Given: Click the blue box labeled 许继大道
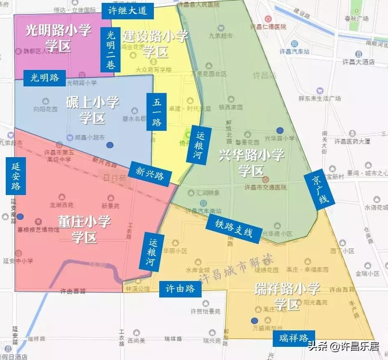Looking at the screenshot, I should point(128,11).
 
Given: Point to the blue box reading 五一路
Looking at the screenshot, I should point(157,111).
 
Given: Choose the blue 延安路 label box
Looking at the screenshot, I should point(16,176).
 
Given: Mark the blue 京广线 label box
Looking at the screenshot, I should point(320,188).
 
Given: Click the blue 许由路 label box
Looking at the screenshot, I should point(180,289).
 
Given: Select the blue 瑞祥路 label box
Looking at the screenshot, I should point(294,338).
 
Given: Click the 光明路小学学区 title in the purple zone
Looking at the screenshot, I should point(58,38).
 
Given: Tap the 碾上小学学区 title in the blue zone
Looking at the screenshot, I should point(93,110).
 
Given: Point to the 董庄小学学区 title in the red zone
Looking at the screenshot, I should point(84,229).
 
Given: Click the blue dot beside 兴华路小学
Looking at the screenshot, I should point(280,130).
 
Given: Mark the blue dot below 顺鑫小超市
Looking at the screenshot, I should point(109,145).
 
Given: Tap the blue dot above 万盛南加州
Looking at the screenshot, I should point(254,321).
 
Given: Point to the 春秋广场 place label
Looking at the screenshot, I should point(356,19).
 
